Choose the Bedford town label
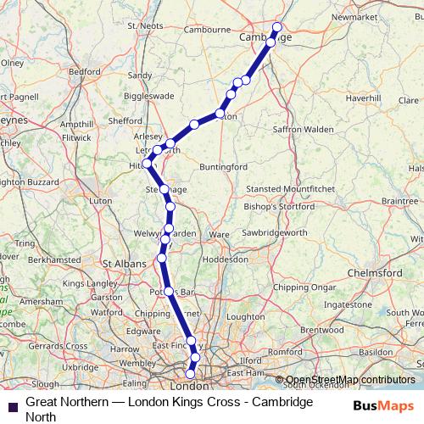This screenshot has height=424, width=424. pyautogui.click(x=85, y=72)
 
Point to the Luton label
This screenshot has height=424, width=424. pyautogui.click(x=101, y=201)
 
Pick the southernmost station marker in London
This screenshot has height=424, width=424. pyautogui.click(x=190, y=373)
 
